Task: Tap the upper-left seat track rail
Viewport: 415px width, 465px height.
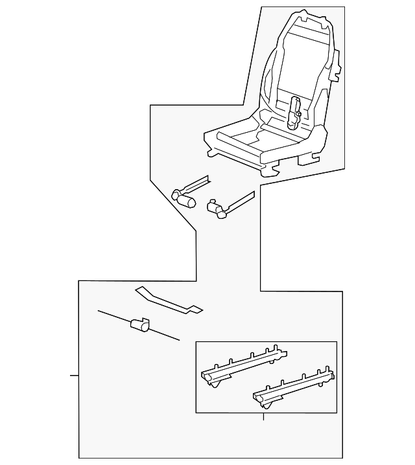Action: click(x=243, y=364)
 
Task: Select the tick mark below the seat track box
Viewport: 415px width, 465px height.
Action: click(x=263, y=417)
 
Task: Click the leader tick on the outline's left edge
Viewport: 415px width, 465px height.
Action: click(x=74, y=376)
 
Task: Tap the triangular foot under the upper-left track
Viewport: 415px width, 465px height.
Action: click(x=215, y=386)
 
